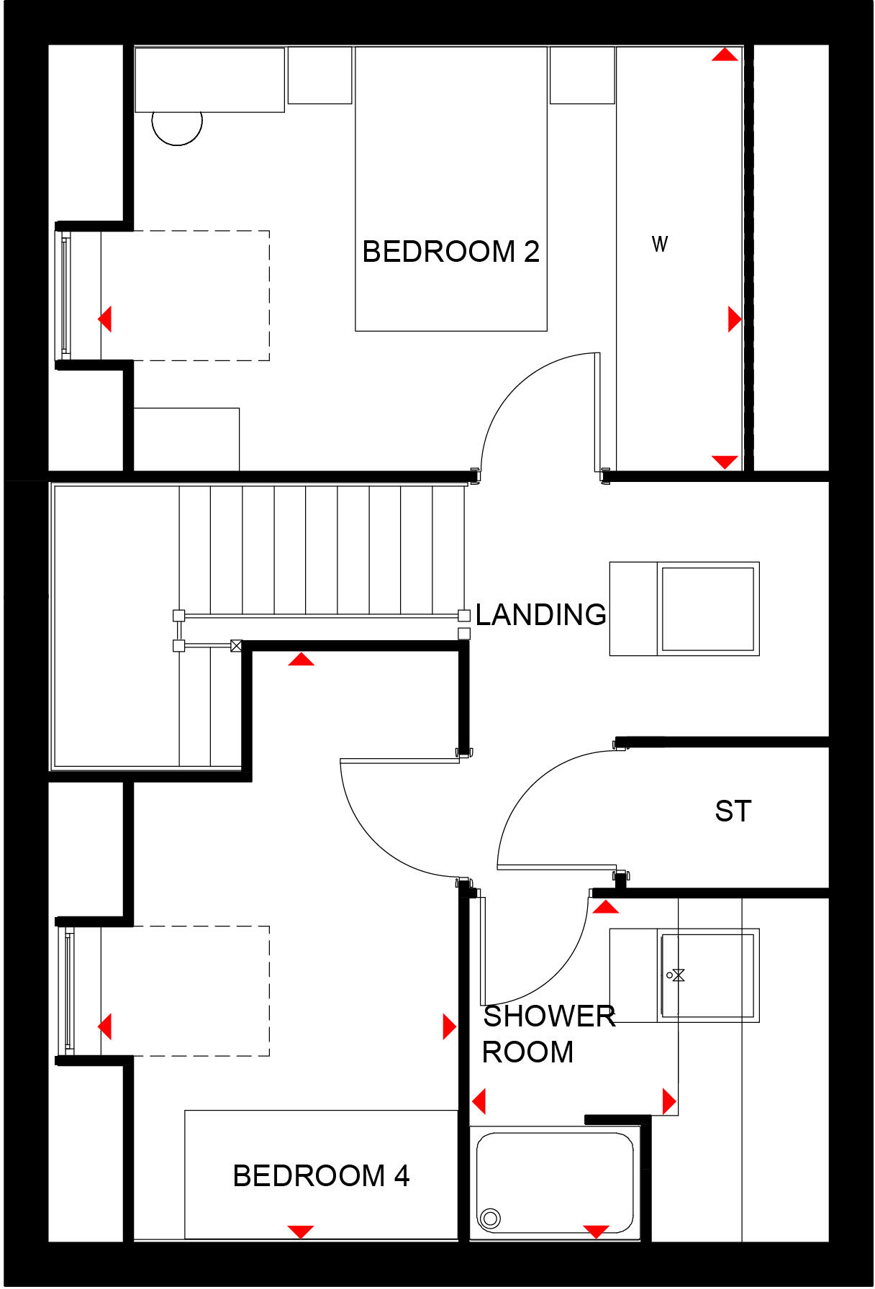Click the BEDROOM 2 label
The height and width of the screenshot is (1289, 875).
click(x=450, y=252)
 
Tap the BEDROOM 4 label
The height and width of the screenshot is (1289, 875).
click(x=321, y=1176)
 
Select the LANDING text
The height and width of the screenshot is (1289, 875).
click(x=541, y=615)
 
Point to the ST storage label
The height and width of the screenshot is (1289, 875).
click(x=733, y=811)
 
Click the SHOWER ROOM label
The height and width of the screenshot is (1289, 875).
click(x=548, y=1034)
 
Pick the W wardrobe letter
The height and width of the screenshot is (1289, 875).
click(x=660, y=245)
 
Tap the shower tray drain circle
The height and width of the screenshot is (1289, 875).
click(x=491, y=1219)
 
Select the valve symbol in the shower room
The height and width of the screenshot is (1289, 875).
click(x=676, y=975)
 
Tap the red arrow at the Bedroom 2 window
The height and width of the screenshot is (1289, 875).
click(x=105, y=319)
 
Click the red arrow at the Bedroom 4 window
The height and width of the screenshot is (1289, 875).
click(x=105, y=1026)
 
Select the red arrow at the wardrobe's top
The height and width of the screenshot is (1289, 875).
click(x=725, y=55)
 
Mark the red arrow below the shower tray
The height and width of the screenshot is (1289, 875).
click(x=596, y=1231)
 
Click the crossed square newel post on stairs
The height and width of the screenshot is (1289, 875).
click(x=236, y=646)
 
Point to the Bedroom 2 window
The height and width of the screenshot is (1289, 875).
click(x=65, y=296)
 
